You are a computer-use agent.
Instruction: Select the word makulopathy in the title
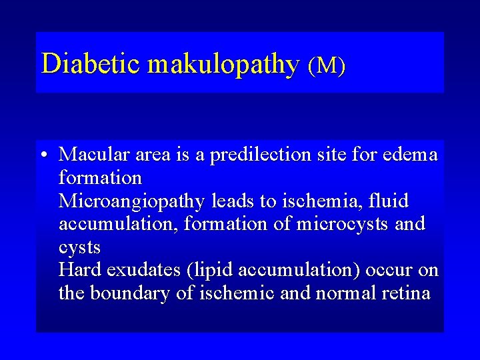[223, 65]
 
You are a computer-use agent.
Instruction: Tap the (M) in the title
[326, 65]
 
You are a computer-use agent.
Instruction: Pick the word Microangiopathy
[133, 201]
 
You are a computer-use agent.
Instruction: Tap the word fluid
[385, 201]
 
